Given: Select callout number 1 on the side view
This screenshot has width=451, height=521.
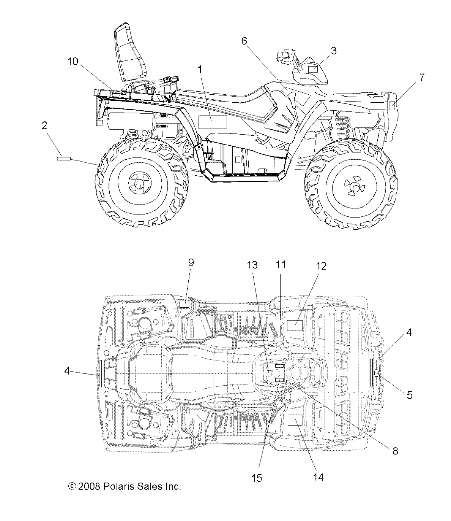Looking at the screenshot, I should click(200, 69).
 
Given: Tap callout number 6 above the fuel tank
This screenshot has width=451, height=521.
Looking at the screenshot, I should click(244, 41).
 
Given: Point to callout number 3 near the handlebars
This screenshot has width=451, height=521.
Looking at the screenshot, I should click(333, 51).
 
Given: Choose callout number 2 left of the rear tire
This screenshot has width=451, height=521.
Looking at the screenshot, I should click(45, 125).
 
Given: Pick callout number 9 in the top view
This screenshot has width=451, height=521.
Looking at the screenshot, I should click(191, 262).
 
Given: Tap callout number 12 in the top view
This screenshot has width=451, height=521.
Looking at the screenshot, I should click(321, 266).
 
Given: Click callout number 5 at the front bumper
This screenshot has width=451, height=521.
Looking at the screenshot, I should click(409, 395).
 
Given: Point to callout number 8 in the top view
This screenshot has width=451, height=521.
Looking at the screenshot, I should click(395, 451).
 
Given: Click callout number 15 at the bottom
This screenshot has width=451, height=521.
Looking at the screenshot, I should click(257, 478).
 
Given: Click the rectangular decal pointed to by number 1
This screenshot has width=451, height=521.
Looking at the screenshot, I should click(213, 122).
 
